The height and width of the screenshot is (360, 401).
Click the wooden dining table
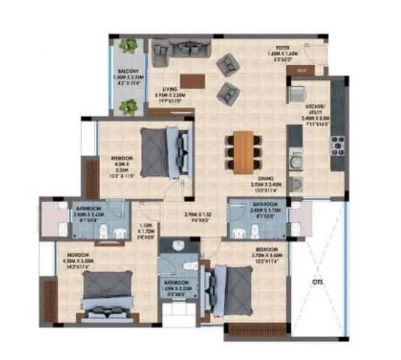coord(243,149)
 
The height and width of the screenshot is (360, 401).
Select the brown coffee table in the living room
coord(192,80)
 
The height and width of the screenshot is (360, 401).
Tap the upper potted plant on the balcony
coord(128,46)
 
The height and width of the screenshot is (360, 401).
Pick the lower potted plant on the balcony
coord(128,107)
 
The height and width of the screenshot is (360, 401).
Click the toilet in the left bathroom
coord(104,228)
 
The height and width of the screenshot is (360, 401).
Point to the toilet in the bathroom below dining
coord(241,229)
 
